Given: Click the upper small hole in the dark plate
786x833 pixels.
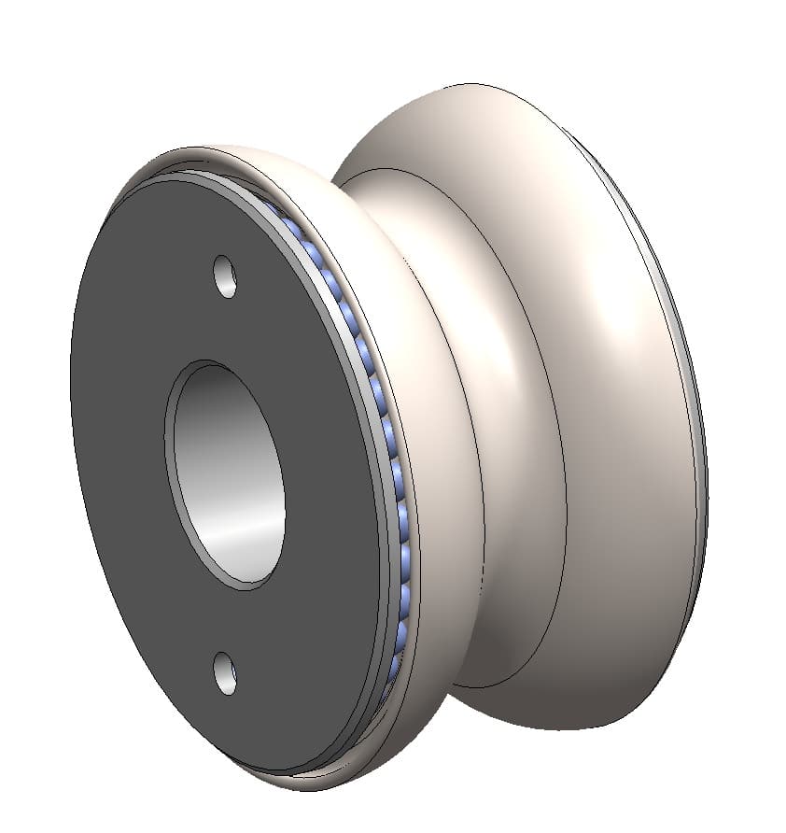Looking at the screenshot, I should [225, 277].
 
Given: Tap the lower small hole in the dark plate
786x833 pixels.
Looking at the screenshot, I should [225, 672].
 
